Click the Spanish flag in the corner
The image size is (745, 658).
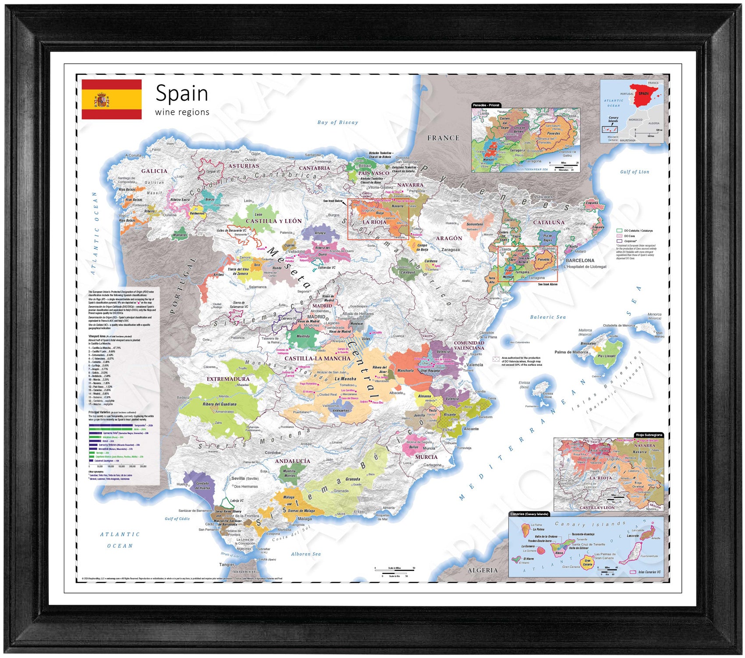point(111,99)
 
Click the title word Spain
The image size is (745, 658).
point(181,93)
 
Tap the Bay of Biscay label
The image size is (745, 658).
point(337,123)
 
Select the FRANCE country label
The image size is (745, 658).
point(443,138)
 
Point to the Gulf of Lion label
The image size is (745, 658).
point(634,172)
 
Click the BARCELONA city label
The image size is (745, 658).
point(580,260)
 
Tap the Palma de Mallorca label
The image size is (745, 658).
point(571,352)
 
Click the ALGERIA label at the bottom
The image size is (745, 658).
point(482,570)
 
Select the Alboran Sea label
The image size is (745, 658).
point(305,554)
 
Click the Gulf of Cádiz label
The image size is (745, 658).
point(177,519)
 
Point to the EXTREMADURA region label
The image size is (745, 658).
point(228,379)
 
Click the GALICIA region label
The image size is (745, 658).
point(154,171)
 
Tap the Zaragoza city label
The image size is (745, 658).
point(450,250)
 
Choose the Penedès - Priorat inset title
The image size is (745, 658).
point(486,106)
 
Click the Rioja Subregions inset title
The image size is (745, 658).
point(649,435)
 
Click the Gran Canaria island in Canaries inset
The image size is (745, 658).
point(587,562)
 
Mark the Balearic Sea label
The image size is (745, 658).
point(548,317)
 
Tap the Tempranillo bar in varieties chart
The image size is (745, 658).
point(110,425)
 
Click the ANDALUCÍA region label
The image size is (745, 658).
point(292,461)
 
